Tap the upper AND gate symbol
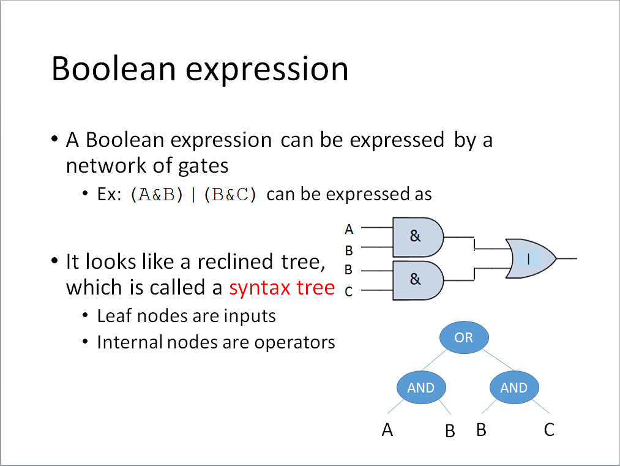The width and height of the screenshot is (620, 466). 417,236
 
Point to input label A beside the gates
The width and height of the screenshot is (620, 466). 349,230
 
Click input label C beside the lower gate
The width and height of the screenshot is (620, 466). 349,292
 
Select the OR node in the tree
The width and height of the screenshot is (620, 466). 464,337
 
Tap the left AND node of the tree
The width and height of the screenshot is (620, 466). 421,388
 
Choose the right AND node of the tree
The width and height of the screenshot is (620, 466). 514,388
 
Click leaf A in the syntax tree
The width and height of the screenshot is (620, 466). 387,430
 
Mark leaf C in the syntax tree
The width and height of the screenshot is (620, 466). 549,430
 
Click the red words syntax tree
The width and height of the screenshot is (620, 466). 282,288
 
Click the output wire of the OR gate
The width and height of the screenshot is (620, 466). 567,259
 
